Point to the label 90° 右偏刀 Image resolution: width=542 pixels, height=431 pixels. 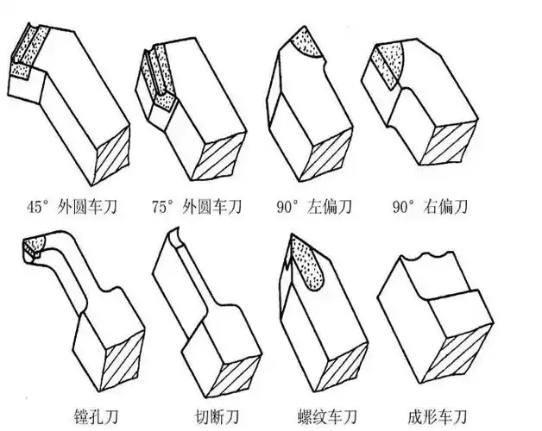pos(432,208)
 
